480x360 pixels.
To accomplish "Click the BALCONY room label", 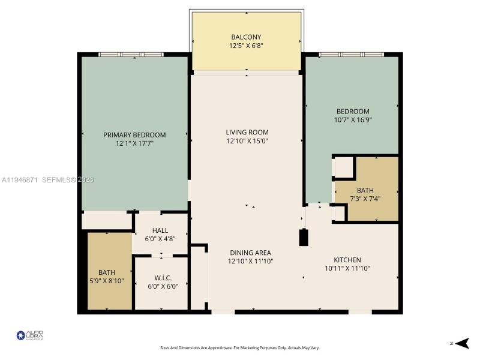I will point(246,37).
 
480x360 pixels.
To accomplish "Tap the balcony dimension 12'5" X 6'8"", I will point(246,46).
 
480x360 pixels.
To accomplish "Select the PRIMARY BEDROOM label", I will point(134,135).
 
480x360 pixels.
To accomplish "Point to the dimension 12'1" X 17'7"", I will point(134,144).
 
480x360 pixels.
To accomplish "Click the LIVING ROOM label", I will point(247,132).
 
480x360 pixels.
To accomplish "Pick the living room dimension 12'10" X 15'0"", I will point(247,141).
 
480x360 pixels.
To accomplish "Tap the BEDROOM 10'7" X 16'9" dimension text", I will point(352,120).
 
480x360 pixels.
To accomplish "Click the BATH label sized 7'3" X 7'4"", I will point(365,190).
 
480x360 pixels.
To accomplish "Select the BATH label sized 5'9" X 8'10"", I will point(107,272).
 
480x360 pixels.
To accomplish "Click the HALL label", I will point(160,230).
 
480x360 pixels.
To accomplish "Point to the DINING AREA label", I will point(250,253).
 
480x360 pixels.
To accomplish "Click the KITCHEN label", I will point(347,259).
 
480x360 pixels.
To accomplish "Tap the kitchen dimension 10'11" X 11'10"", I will point(347,268).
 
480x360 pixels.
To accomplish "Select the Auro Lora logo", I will point(30,335).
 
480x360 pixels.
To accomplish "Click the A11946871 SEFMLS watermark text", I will point(48,179).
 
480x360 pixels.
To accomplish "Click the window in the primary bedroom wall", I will point(131,55).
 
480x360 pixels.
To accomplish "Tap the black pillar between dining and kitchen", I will point(304,237).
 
